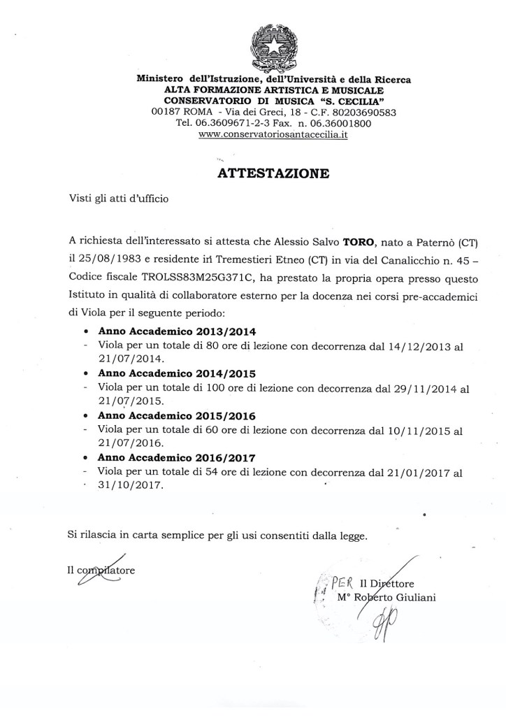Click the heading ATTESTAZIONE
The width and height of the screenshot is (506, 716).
click(x=274, y=173)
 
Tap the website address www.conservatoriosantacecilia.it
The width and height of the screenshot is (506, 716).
click(x=273, y=134)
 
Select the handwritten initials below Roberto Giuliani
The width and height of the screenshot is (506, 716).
click(x=383, y=624)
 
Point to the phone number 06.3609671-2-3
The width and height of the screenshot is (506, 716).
click(x=226, y=123)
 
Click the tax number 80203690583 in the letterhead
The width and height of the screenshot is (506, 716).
click(x=365, y=112)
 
